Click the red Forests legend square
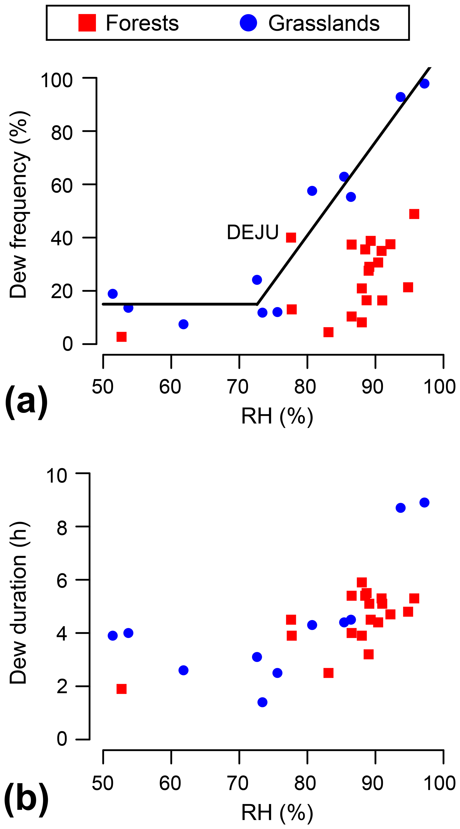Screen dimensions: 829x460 click(x=87, y=23)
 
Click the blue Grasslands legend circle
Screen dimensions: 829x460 click(x=248, y=23)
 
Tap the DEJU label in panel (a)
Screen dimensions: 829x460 click(x=252, y=232)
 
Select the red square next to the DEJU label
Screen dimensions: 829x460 click(x=291, y=237)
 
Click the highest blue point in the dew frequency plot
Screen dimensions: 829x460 click(x=424, y=83)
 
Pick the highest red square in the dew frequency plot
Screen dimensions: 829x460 click(x=414, y=214)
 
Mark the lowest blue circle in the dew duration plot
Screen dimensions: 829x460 click(x=262, y=702)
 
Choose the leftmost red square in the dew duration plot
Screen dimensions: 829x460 click(x=121, y=689)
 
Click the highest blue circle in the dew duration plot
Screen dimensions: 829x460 click(x=424, y=502)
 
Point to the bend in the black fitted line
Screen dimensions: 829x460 click(x=257, y=304)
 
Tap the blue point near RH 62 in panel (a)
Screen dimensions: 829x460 click(x=183, y=324)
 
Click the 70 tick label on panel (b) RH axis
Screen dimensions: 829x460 click(x=238, y=783)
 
